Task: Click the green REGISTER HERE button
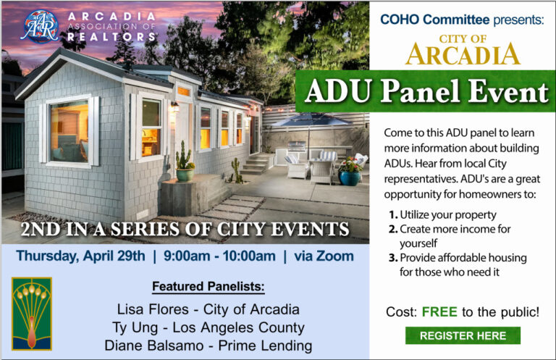[x=463, y=335]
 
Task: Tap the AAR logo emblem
[x=38, y=26]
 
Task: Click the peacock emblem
[x=32, y=314]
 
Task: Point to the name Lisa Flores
[x=150, y=309]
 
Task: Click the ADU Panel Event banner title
[x=426, y=92]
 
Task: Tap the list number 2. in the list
[x=395, y=229]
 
